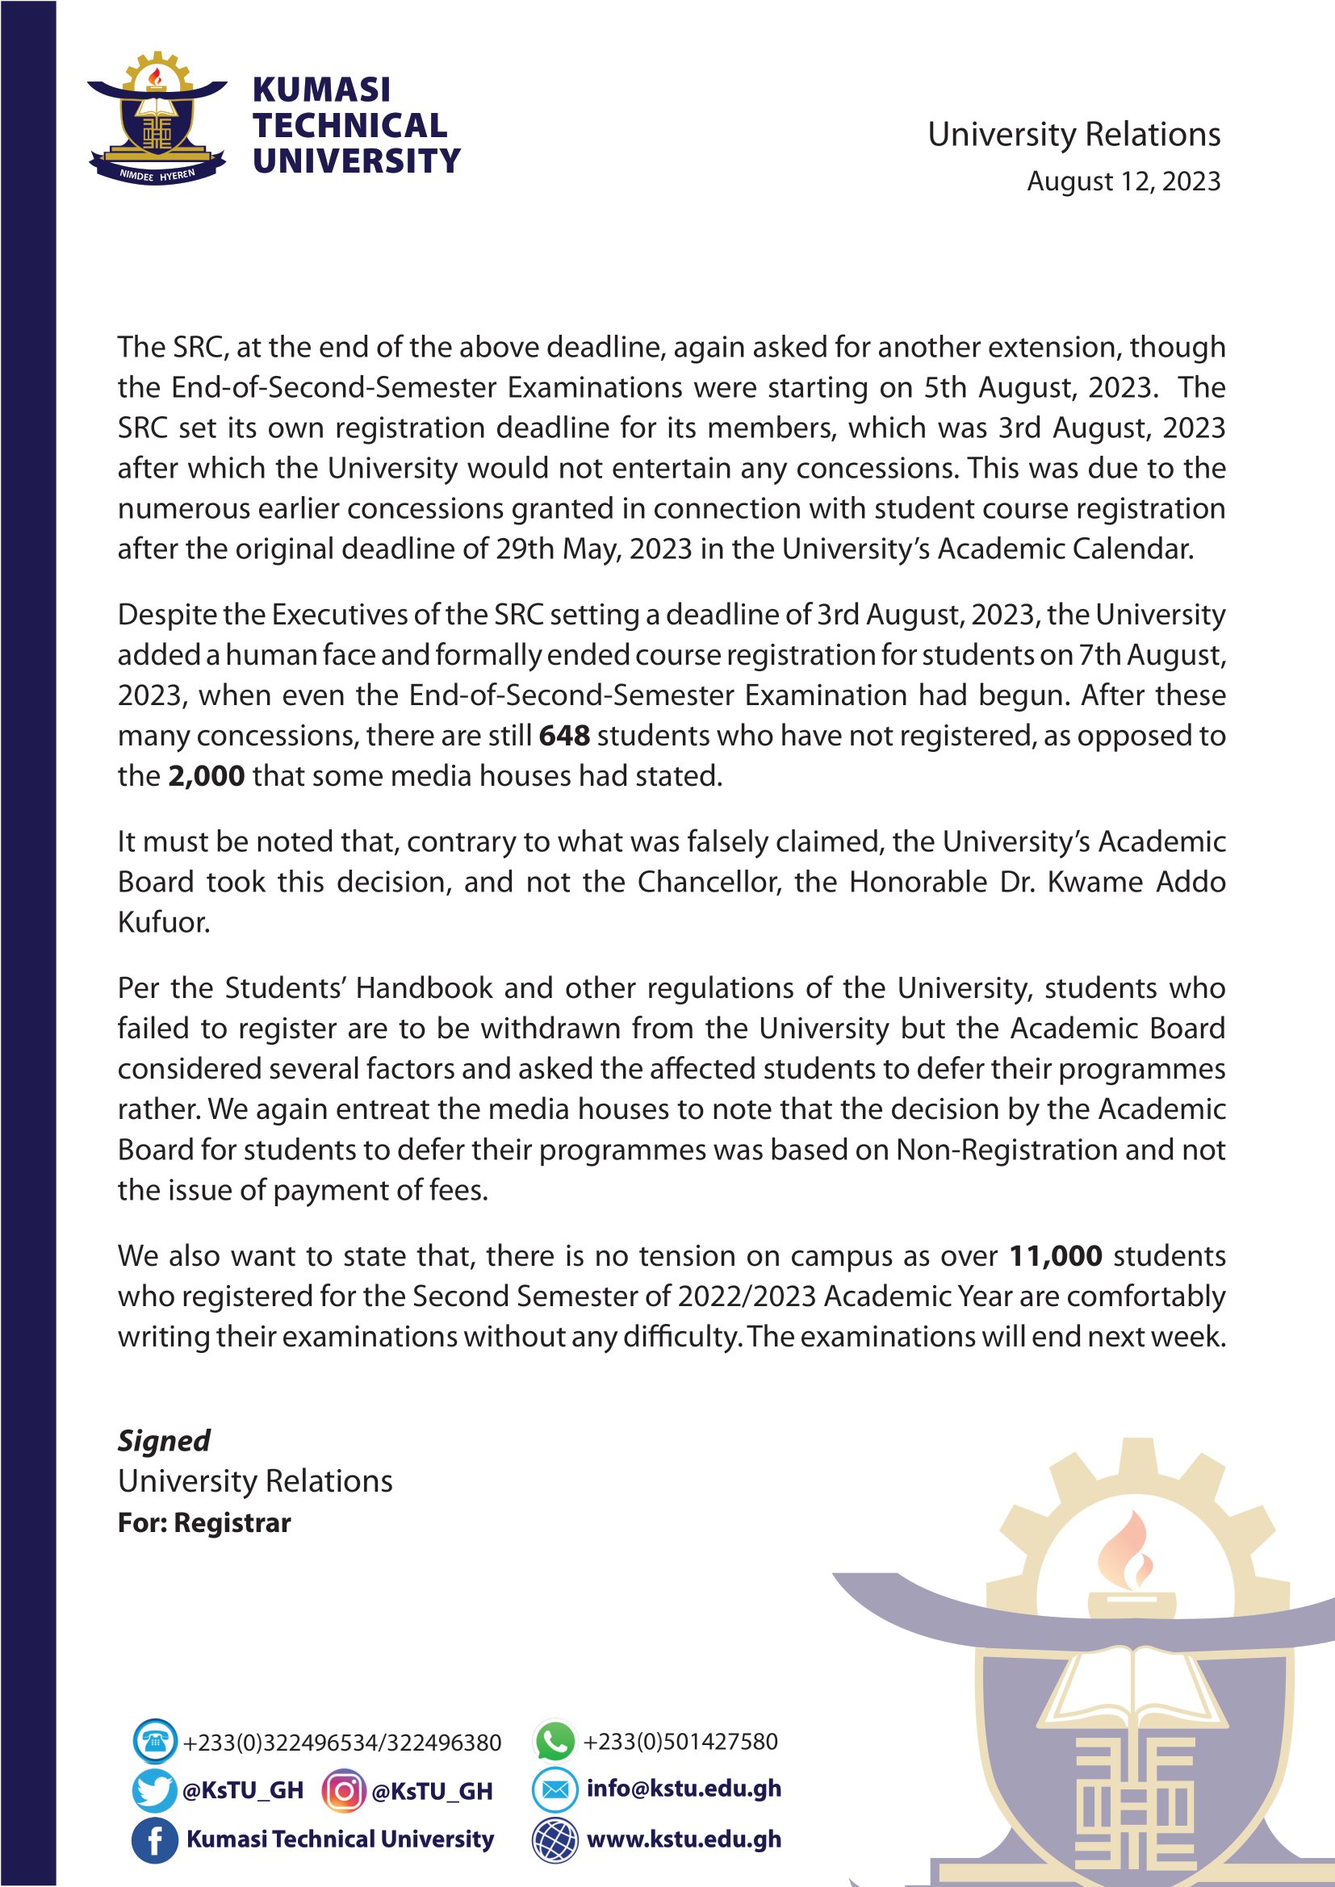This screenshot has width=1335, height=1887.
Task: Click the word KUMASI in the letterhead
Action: tap(321, 90)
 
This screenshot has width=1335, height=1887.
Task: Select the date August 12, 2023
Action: tap(1123, 181)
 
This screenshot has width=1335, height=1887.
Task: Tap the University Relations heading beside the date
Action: tap(1073, 134)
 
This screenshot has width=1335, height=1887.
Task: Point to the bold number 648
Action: tap(564, 735)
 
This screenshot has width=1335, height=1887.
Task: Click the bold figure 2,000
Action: tap(206, 775)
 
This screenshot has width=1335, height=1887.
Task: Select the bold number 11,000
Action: tap(1056, 1256)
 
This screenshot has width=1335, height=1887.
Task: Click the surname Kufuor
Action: tap(164, 922)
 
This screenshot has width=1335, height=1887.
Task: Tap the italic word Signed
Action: tap(164, 1441)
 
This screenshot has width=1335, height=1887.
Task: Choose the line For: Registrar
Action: tap(204, 1523)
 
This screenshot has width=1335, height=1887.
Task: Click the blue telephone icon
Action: tap(153, 1741)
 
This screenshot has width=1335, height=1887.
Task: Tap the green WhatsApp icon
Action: tap(554, 1741)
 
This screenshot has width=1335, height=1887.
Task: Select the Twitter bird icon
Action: tap(153, 1790)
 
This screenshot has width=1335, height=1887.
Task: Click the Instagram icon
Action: tap(343, 1790)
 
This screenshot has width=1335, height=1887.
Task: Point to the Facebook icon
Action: tap(153, 1839)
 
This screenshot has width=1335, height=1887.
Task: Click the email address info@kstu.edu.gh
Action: tap(683, 1789)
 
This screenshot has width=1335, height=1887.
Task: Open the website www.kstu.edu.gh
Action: tap(683, 1839)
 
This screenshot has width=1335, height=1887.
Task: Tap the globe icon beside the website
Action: tap(554, 1839)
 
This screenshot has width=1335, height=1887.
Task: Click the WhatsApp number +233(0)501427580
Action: tap(680, 1741)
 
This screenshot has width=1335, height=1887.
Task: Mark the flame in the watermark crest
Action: tap(1131, 1549)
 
